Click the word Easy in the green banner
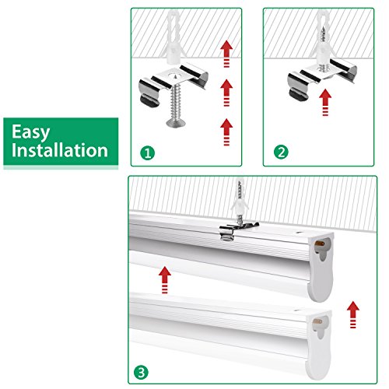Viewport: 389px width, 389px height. tap(30, 132)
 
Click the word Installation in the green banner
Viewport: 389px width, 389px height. tap(60, 150)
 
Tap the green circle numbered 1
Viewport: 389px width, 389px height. tap(148, 153)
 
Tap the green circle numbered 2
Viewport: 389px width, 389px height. tap(281, 152)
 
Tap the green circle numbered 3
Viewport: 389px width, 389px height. tap(141, 373)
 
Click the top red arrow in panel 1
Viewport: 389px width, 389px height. tap(226, 54)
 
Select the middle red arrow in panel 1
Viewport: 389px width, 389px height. tap(226, 93)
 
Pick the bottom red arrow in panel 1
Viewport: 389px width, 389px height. tap(226, 132)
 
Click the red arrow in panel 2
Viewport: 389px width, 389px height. tap(325, 102)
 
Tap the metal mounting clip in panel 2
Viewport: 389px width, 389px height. tap(321, 78)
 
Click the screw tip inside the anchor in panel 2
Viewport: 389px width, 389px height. tap(323, 33)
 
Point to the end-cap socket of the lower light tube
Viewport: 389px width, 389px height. tap(320, 326)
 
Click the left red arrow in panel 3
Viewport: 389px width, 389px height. tap(165, 280)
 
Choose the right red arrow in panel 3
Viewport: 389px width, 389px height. tap(353, 314)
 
